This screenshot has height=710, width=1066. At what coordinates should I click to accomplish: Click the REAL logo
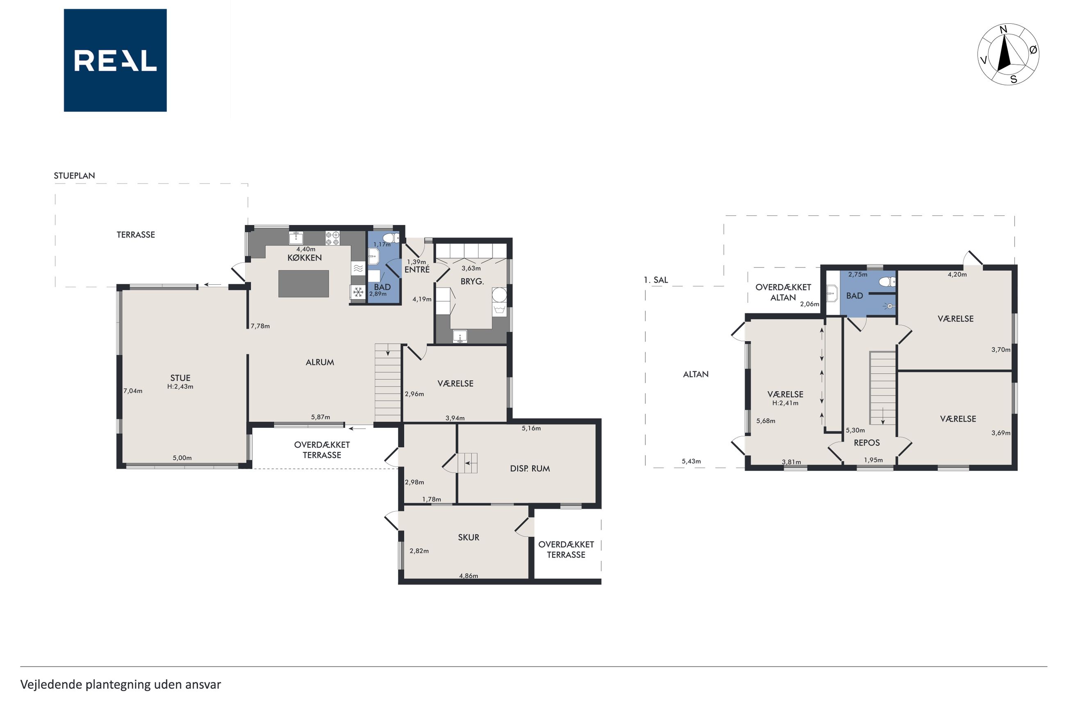click(x=115, y=60)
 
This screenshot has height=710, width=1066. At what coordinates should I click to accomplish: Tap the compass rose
click(x=1008, y=54)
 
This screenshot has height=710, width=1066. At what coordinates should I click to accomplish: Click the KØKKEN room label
click(x=305, y=258)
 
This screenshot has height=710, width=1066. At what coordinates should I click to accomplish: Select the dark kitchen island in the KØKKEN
click(x=303, y=284)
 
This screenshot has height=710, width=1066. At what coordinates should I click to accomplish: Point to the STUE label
click(x=180, y=378)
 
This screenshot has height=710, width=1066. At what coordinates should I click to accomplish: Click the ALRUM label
click(x=320, y=362)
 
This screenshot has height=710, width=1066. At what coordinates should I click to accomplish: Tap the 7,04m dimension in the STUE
click(x=133, y=391)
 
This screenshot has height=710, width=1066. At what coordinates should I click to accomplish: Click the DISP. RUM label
click(x=530, y=469)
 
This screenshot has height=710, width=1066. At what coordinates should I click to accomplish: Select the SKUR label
click(x=469, y=537)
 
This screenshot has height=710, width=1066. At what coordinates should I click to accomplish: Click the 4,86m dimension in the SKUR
click(x=469, y=576)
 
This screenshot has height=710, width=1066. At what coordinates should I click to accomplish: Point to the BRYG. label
click(x=472, y=281)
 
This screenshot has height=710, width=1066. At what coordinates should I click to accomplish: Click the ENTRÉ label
click(x=417, y=270)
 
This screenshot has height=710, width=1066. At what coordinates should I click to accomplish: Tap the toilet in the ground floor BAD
click(x=390, y=238)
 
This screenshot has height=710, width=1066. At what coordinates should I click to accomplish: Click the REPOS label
click(x=867, y=443)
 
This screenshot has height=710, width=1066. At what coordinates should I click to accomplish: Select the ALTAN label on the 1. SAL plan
click(x=696, y=374)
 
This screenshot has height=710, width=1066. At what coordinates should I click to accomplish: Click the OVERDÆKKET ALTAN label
click(x=783, y=292)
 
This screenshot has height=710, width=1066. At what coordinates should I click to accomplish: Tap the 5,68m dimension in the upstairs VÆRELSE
click(x=765, y=421)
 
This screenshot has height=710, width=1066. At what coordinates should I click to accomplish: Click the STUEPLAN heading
click(x=74, y=176)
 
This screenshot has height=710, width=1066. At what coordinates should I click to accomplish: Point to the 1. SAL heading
click(x=656, y=280)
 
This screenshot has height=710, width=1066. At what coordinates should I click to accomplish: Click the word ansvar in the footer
click(x=203, y=685)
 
